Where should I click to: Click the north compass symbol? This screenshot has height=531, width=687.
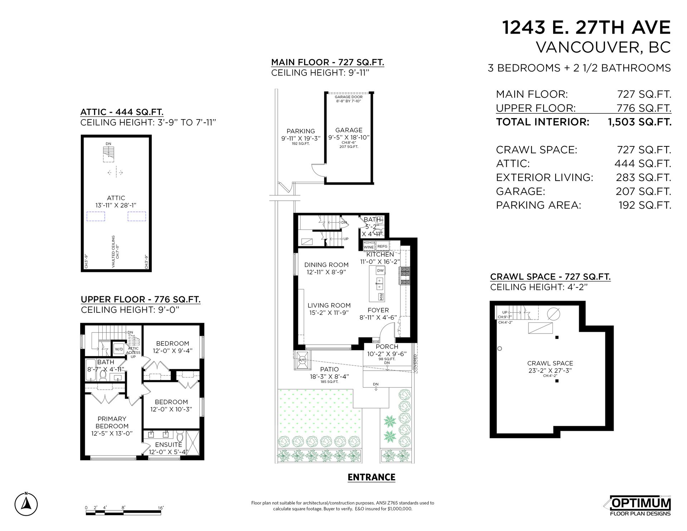pyautogui.click(x=26, y=504)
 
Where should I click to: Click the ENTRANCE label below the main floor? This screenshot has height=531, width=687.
pyautogui.click(x=371, y=477)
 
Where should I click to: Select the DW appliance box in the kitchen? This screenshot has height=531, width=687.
pyautogui.click(x=380, y=271)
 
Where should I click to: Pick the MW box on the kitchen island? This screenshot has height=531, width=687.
pyautogui.click(x=381, y=297)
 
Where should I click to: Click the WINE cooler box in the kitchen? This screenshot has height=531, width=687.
pyautogui.click(x=369, y=247)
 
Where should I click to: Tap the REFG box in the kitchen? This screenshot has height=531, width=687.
pyautogui.click(x=383, y=246)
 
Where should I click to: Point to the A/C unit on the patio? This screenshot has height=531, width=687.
pyautogui.click(x=302, y=360)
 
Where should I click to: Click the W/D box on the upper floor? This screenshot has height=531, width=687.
pyautogui.click(x=119, y=349)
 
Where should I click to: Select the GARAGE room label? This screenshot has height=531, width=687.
pyautogui.click(x=349, y=130)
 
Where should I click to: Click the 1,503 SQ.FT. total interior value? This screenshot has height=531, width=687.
pyautogui.click(x=640, y=122)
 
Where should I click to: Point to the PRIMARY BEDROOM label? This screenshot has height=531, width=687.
pyautogui.click(x=112, y=423)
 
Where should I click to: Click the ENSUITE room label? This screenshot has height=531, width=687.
pyautogui.click(x=169, y=444)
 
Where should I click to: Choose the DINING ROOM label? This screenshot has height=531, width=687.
pyautogui.click(x=326, y=265)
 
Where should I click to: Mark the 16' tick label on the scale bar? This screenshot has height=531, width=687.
pyautogui.click(x=161, y=508)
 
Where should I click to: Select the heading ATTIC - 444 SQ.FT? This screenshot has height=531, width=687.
pyautogui.click(x=122, y=112)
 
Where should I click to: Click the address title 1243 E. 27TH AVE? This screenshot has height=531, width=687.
pyautogui.click(x=586, y=28)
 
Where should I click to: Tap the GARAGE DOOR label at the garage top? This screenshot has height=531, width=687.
pyautogui.click(x=349, y=97)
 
